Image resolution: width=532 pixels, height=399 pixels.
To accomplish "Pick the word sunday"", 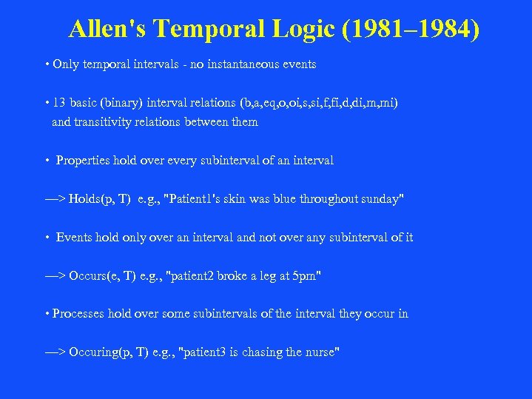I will coord(383,199).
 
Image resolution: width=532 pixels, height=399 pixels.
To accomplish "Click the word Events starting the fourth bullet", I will coord(75,238).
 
